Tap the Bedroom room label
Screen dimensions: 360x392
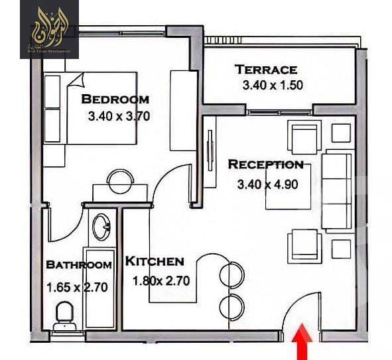pyautogui.click(x=115, y=99)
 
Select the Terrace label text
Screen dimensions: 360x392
pyautogui.click(x=266, y=69)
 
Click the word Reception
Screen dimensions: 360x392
pyautogui.click(x=265, y=164)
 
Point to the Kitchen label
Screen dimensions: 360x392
pyautogui.click(x=155, y=261)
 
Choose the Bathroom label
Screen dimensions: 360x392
pyautogui.click(x=78, y=265)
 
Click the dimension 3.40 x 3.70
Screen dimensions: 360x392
pyautogui.click(x=119, y=115)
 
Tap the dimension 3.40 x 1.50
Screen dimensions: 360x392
pyautogui.click(x=273, y=85)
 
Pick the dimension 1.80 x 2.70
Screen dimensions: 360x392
pyautogui.click(x=161, y=280)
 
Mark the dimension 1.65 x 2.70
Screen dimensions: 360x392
pyautogui.click(x=77, y=288)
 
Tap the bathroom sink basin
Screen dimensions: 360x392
pyautogui.click(x=103, y=227)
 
